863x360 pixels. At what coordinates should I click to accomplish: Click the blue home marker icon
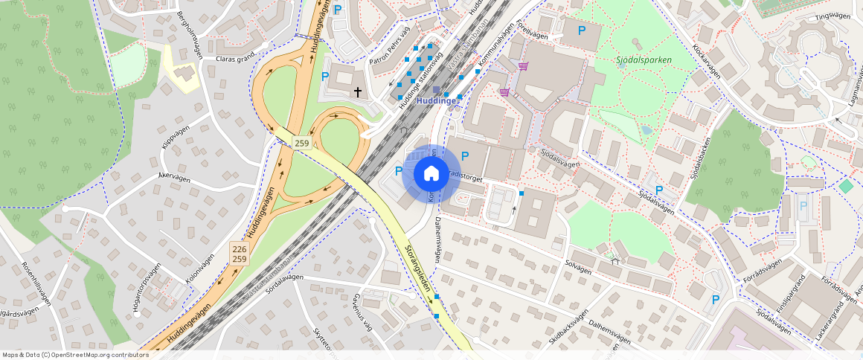pos(430,174)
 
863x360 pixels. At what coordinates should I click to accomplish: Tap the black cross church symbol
pos(358,91)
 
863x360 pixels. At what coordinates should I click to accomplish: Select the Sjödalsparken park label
pos(644,60)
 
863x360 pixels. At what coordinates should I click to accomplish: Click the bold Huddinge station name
pos(437,100)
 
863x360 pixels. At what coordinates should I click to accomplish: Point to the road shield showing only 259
pos(301,143)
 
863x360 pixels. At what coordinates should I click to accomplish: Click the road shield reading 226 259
pos(239,254)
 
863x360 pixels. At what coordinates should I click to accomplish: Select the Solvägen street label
pos(578,266)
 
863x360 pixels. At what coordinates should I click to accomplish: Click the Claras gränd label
pos(235,57)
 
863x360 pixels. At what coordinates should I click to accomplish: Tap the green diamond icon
pos(845,185)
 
